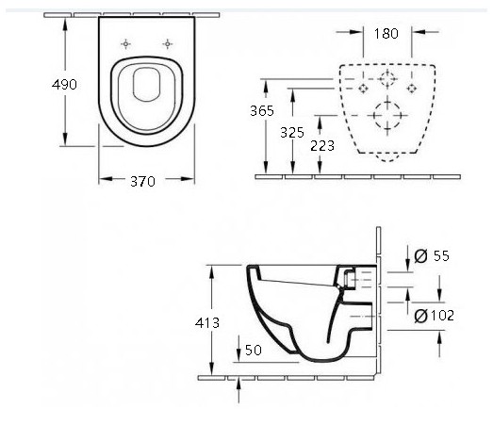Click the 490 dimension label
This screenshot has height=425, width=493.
point(64,84)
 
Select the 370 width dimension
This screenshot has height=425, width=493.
point(142,181)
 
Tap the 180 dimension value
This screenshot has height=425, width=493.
point(386,33)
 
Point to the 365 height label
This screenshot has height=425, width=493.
point(262,110)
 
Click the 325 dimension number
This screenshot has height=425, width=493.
point(292,132)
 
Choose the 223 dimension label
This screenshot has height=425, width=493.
point(322,145)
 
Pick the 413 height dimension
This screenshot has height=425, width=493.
point(207,323)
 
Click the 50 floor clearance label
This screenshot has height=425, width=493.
point(254,351)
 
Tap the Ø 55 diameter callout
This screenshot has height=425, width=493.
point(432,256)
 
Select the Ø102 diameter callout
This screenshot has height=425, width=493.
point(434,316)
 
